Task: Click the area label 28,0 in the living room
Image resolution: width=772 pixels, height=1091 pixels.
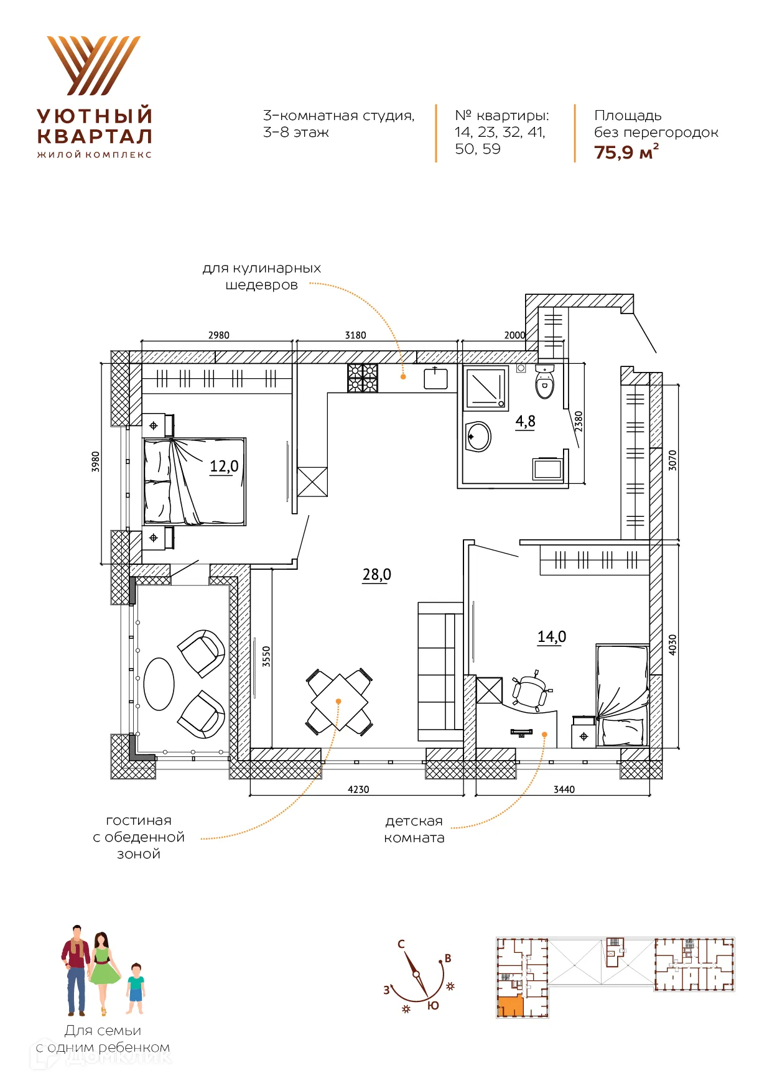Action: (377, 574)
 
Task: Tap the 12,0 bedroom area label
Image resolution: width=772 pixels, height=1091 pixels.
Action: (224, 467)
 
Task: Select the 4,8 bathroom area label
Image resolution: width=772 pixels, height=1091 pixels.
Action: (525, 422)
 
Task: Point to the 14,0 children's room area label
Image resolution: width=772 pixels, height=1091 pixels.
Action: (552, 637)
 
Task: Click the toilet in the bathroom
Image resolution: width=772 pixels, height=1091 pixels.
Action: (544, 381)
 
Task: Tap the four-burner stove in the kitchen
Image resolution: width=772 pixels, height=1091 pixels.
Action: (363, 378)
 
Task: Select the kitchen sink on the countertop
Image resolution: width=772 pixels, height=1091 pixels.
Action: (435, 378)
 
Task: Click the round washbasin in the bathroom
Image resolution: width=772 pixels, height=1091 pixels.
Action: (478, 437)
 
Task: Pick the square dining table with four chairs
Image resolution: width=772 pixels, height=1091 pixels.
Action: (340, 702)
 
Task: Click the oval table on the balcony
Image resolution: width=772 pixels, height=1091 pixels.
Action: (159, 684)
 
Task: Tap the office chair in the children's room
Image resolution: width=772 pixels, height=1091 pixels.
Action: (531, 690)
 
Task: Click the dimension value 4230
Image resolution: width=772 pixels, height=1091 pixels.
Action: (358, 789)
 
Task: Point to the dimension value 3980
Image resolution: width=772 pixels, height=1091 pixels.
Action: (96, 462)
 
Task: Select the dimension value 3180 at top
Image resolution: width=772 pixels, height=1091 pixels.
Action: (356, 335)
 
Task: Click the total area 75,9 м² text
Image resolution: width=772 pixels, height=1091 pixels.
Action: (626, 152)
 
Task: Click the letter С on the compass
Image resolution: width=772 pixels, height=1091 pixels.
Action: (401, 944)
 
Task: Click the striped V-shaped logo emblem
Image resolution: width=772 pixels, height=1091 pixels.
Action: (94, 65)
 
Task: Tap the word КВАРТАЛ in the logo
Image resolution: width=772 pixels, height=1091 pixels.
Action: (95, 136)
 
